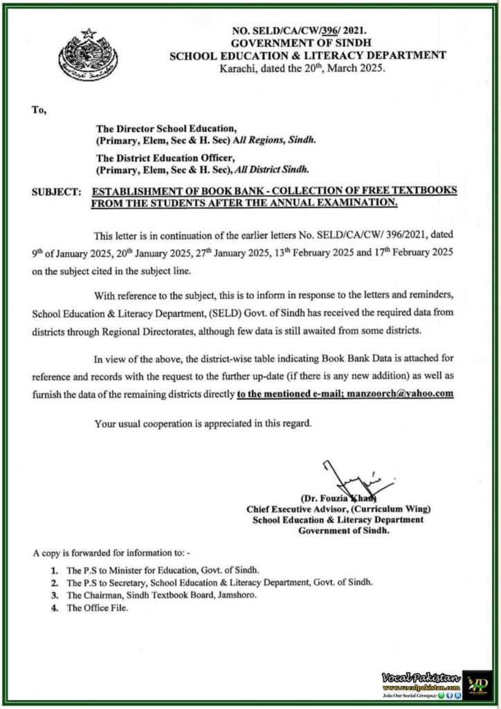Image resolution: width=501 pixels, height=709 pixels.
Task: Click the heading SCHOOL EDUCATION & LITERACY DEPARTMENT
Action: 308,55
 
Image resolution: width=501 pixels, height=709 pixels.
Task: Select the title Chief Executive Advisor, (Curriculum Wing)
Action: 335,509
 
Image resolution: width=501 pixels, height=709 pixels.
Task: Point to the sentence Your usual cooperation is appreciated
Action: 203,422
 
